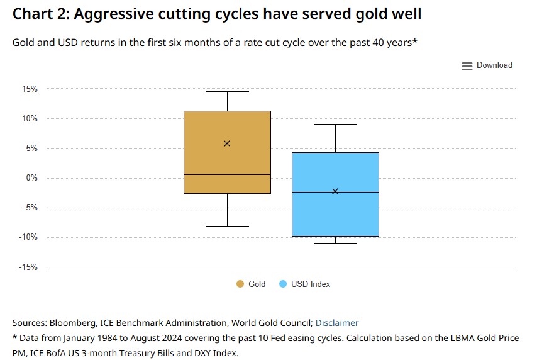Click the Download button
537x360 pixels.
point(494,65)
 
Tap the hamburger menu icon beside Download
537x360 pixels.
point(467,66)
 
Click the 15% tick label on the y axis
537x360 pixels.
point(30,89)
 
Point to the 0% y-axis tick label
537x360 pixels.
point(31,178)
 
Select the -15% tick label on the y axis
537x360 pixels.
point(28,267)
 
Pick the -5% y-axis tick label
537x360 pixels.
point(30,208)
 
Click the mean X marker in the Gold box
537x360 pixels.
point(227,143)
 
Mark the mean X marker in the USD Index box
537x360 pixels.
point(335,191)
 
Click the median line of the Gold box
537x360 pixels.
point(227,174)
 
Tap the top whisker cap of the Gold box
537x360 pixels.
point(227,92)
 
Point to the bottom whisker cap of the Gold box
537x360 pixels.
point(227,226)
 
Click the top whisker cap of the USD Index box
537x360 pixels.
point(335,125)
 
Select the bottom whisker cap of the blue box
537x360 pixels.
point(335,243)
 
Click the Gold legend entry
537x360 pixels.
point(251,284)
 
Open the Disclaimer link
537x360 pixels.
point(337,323)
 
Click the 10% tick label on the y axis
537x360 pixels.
point(30,119)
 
